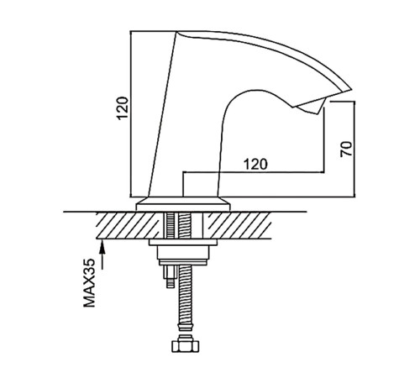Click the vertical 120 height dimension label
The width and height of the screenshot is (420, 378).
[x=123, y=108]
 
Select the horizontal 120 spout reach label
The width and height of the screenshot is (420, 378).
[x=255, y=164]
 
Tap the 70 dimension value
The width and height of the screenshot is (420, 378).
[x=346, y=149]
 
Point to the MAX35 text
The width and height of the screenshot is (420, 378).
[x=89, y=283]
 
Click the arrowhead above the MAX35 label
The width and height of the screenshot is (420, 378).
[x=102, y=246]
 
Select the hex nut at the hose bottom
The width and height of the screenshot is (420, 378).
[x=185, y=346]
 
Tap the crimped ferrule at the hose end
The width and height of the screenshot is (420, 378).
[x=185, y=328]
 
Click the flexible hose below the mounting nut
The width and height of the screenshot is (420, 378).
[x=186, y=293]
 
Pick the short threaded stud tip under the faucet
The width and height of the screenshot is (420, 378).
[x=170, y=283]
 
